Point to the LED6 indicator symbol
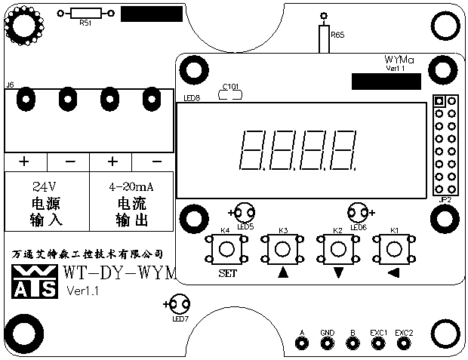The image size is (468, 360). pos(357,214)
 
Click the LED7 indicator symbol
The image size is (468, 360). pos(178,305)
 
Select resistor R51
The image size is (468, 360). pos(85,13)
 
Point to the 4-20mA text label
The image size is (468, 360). pos(131,186)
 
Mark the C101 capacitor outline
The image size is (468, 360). pos(229,94)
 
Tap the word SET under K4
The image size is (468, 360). pos(227,273)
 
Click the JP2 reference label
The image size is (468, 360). pos(445,199)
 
